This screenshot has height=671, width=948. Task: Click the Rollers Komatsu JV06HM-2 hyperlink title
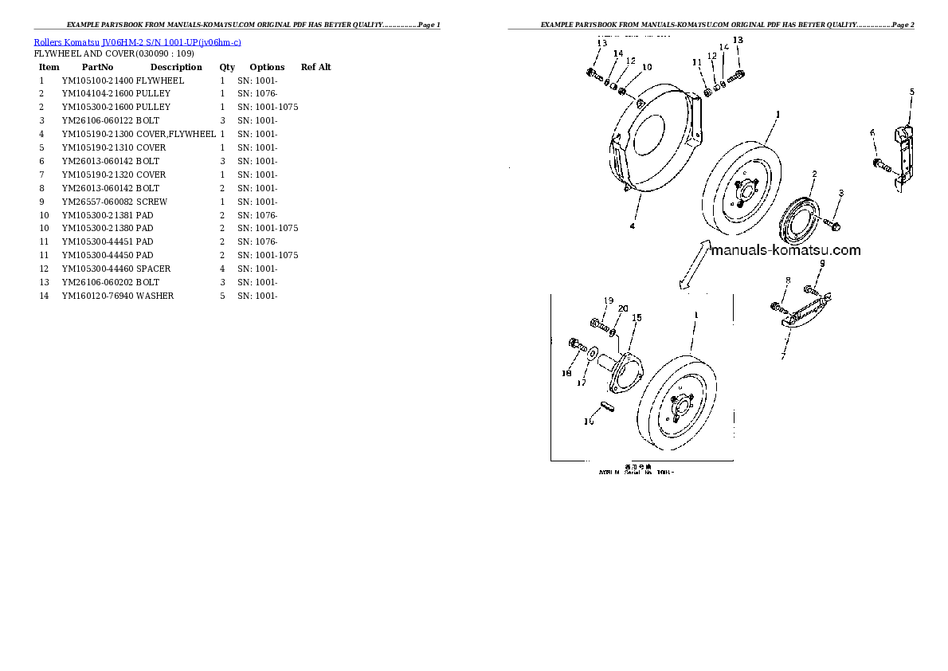[x=137, y=42]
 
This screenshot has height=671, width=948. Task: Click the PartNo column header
[x=97, y=67]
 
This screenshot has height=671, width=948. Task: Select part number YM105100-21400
[x=98, y=80]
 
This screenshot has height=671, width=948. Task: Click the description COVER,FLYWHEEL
[x=175, y=134]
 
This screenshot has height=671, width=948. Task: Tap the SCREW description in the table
[x=151, y=202]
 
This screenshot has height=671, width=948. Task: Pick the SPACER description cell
[x=153, y=269]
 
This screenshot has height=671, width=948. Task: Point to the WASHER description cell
[x=155, y=296]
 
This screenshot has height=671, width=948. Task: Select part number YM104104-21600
[x=98, y=93]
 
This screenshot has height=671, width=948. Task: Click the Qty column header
[x=227, y=67]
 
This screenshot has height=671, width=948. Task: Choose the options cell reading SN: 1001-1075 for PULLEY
[x=268, y=107]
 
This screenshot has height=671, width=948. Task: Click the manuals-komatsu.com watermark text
[x=785, y=250]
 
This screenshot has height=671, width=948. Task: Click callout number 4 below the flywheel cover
[x=633, y=226]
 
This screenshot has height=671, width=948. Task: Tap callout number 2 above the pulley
[x=814, y=174]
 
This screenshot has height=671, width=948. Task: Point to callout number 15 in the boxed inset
[x=637, y=318]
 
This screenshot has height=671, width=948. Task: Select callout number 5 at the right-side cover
[x=911, y=92]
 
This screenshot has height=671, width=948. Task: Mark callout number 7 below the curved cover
[x=783, y=357]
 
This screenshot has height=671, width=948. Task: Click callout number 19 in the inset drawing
[x=608, y=300]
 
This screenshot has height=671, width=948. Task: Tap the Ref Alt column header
[x=315, y=67]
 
